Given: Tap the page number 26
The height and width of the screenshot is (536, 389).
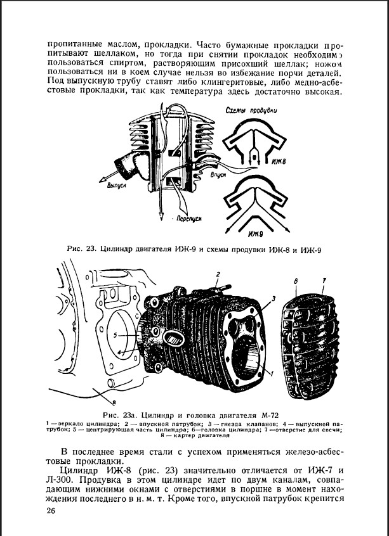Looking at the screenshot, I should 52,512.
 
